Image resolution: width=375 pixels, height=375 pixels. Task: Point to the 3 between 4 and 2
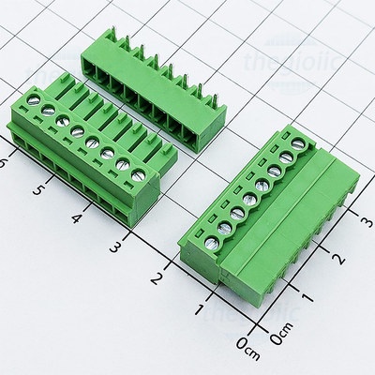pos(115,247)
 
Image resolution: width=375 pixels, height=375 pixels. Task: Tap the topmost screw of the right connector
pos(301,142)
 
